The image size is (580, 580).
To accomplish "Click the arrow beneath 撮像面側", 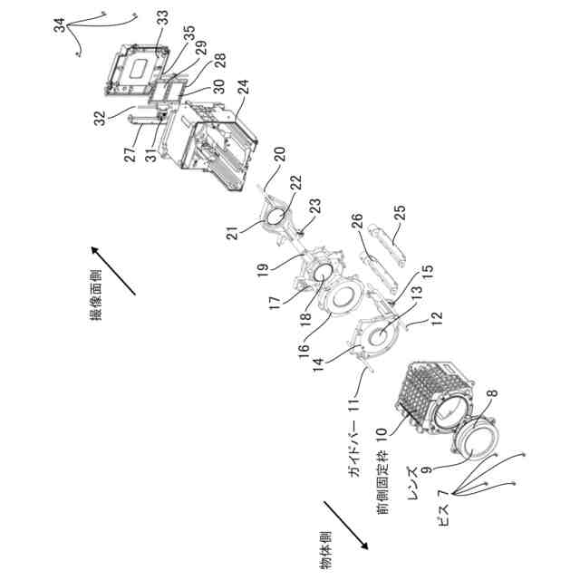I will click(112, 268).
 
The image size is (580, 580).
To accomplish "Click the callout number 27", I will click(133, 156).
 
